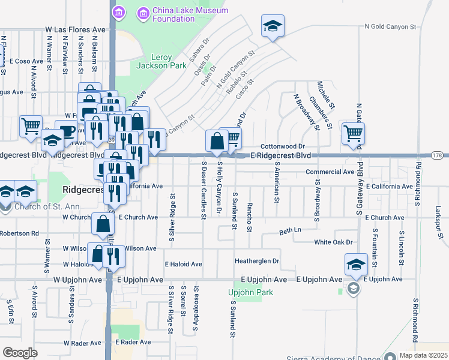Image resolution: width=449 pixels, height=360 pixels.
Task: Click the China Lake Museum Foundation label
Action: [x=182, y=14]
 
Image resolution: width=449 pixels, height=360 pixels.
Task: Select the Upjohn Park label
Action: [x=250, y=292]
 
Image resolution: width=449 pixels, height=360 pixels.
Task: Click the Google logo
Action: [x=20, y=353]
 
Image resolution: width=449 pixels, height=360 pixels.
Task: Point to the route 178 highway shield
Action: [x=438, y=156]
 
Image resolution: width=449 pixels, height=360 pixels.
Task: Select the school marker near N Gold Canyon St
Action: [x=273, y=26]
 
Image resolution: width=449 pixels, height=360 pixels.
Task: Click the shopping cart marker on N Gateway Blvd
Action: [x=353, y=133]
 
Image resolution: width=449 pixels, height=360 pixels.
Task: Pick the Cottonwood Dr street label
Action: [x=283, y=146]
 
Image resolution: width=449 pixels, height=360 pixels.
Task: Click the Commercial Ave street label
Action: [x=330, y=172]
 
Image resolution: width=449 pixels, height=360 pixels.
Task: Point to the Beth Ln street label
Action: [x=290, y=230]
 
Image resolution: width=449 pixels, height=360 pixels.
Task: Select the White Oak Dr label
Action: [x=333, y=242]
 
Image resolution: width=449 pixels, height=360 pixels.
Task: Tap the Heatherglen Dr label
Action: [x=257, y=261]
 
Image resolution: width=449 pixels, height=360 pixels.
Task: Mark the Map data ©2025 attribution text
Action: [x=423, y=355]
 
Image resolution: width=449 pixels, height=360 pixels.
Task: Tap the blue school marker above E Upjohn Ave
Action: [x=357, y=264]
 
